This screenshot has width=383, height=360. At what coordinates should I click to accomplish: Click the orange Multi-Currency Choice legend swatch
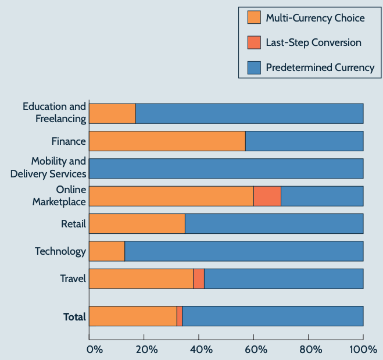click(253, 17)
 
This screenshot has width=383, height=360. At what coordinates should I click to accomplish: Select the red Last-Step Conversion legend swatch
click(253, 42)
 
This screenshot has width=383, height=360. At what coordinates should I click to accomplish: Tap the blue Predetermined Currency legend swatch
click(253, 67)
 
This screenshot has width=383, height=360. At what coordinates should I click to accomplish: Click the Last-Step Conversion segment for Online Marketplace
click(267, 196)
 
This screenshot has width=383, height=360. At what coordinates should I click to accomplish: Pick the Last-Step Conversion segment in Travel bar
click(199, 279)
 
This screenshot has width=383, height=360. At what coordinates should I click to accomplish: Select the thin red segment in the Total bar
click(180, 316)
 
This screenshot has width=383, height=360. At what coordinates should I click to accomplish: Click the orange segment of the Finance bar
click(167, 141)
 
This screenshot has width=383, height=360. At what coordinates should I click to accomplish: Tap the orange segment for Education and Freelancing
click(112, 113)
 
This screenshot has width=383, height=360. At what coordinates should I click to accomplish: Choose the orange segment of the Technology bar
click(106, 251)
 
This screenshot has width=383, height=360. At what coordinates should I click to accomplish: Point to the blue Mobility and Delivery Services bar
click(226, 169)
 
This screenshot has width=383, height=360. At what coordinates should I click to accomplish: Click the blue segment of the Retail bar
click(274, 224)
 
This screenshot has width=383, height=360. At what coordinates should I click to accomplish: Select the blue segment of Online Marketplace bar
click(322, 196)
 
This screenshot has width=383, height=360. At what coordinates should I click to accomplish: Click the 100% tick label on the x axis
click(363, 350)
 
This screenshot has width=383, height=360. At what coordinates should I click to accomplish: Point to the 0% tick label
click(94, 350)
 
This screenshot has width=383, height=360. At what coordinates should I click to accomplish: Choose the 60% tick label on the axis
click(255, 350)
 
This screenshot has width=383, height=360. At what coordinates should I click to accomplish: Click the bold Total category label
click(74, 317)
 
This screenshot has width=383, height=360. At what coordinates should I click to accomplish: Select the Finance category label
click(69, 141)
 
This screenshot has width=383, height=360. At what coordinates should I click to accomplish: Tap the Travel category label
click(73, 279)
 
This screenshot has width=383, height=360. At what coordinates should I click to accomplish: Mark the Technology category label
click(60, 251)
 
